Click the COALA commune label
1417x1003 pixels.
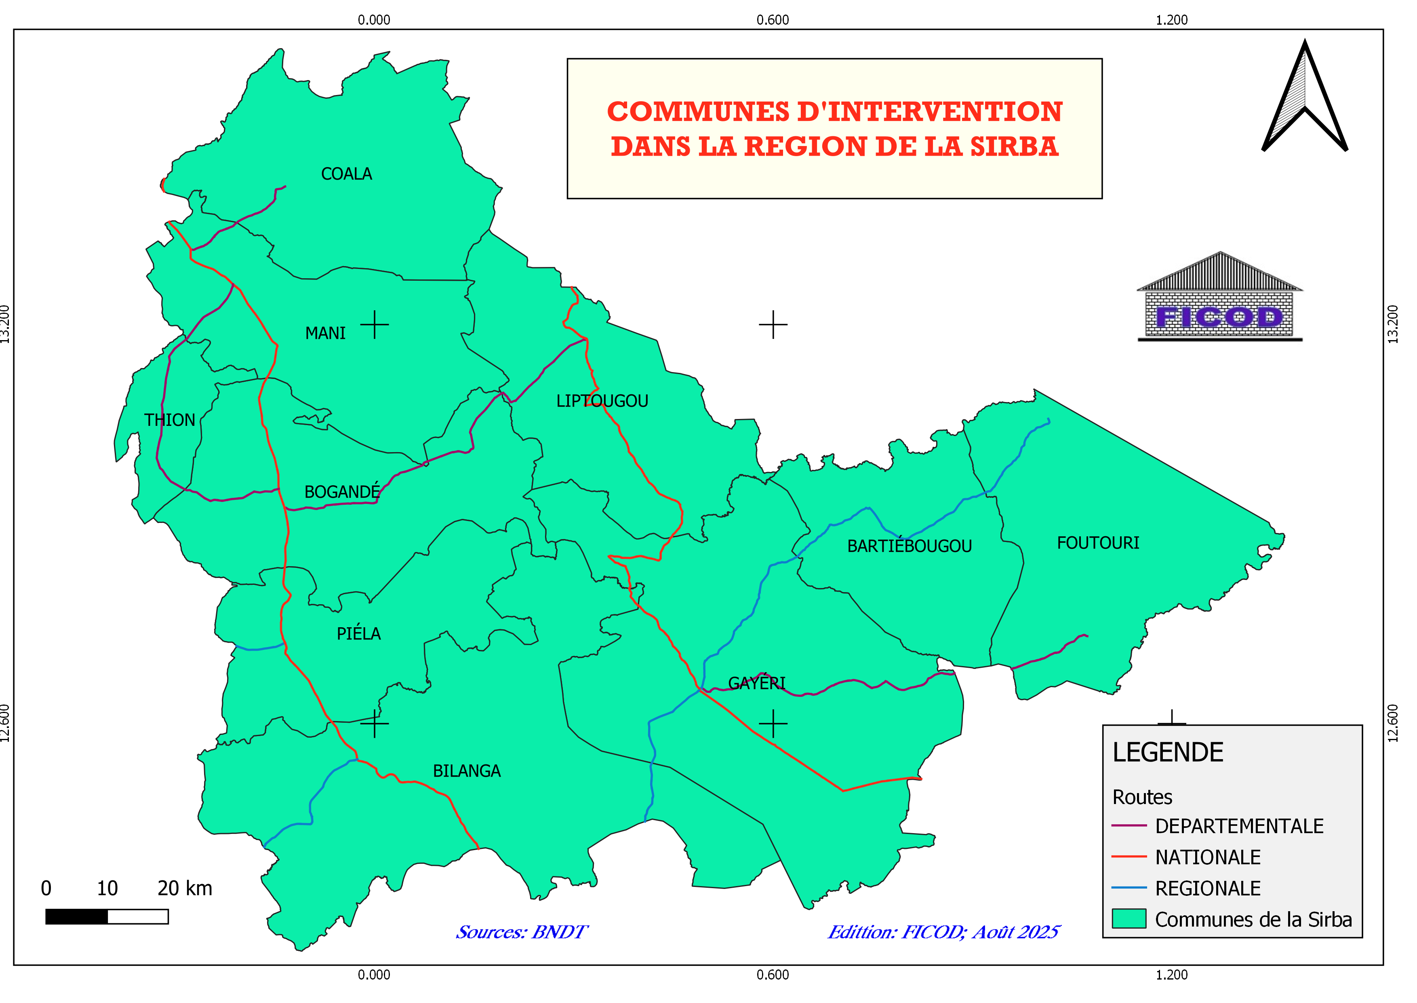click(346, 174)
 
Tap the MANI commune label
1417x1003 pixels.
click(325, 334)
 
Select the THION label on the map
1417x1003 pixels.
click(170, 421)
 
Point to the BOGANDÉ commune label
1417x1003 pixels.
click(342, 492)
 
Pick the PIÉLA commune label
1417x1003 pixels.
click(358, 634)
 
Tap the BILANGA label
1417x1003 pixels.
click(467, 771)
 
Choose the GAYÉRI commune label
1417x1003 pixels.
click(757, 683)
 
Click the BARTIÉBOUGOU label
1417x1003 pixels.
click(909, 546)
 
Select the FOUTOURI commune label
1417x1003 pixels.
click(1098, 544)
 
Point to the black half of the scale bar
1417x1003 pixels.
click(76, 916)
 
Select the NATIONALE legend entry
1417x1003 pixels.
click(1207, 857)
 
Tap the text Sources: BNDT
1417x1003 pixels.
click(522, 932)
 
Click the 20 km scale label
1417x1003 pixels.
click(185, 889)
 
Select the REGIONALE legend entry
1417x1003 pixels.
click(1207, 889)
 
